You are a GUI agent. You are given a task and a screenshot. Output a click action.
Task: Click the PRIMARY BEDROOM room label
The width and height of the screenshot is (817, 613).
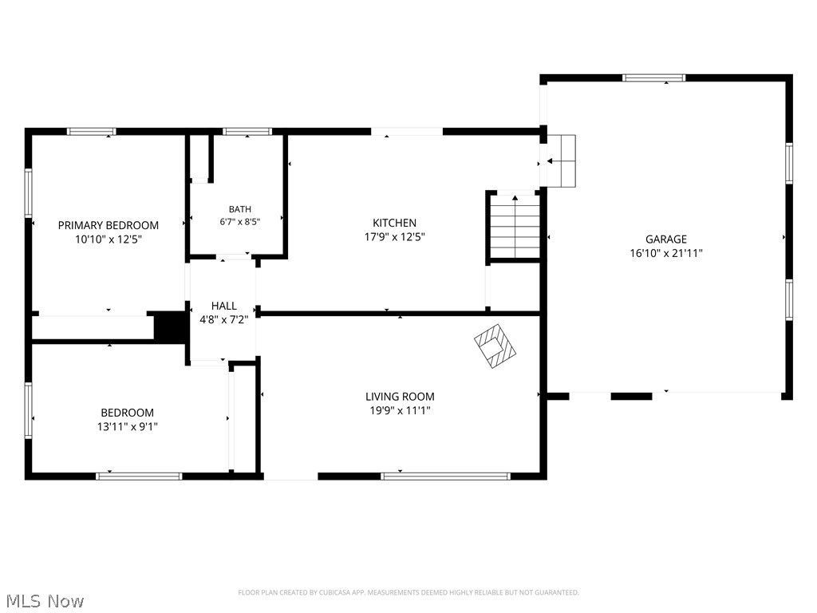(x=109, y=225)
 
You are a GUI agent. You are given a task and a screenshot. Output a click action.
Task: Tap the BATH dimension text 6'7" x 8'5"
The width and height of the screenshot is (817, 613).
(x=239, y=222)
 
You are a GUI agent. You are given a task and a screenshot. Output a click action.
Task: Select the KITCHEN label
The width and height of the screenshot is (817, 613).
(x=394, y=223)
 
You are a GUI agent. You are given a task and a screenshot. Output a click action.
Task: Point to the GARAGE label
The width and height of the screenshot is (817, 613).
(x=666, y=239)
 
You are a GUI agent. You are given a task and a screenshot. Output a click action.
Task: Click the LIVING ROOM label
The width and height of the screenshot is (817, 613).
(x=400, y=397)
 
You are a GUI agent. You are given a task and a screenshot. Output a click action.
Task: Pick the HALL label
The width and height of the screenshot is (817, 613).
(x=224, y=306)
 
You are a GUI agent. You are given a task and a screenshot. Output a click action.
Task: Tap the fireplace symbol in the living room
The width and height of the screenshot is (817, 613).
(x=495, y=346)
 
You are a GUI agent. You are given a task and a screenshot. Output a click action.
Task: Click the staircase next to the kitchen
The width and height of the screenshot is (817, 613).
(x=515, y=226)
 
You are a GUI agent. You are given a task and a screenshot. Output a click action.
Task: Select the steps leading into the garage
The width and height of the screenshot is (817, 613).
(x=561, y=161)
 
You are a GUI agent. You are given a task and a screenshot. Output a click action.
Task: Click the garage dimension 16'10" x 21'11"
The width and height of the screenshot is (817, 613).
(x=666, y=253)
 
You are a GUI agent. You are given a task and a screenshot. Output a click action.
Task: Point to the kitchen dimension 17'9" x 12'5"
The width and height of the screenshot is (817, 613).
(x=394, y=237)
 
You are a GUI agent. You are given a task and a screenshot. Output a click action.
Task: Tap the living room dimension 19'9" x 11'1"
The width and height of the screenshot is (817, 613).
(x=400, y=411)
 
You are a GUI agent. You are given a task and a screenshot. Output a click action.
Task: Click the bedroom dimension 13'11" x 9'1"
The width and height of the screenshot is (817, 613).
(x=127, y=427)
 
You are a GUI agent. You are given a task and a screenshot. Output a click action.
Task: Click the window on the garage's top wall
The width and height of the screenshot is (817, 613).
(x=654, y=78)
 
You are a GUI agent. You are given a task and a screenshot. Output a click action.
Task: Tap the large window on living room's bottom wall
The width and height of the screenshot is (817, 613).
(x=445, y=476)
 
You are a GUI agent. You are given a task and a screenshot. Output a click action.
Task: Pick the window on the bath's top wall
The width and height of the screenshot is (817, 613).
(x=247, y=132)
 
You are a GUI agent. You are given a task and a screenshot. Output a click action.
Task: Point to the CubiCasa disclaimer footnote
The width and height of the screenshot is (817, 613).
(x=408, y=593)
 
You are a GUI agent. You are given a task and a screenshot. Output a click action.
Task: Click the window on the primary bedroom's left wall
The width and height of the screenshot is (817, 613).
(x=28, y=193)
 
